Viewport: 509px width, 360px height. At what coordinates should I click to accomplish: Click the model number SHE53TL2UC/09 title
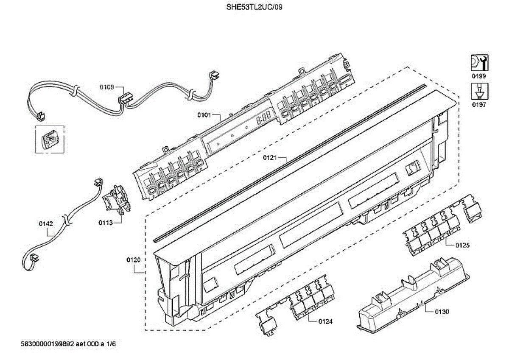pyautogui.click(x=254, y=7)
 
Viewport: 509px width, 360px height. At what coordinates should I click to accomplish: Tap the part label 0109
pyautogui.click(x=106, y=87)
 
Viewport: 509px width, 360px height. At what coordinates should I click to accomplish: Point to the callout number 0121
pyautogui.click(x=269, y=158)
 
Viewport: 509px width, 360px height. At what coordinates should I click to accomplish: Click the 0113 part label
pyautogui.click(x=106, y=222)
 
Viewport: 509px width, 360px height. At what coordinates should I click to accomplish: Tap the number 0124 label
pyautogui.click(x=325, y=321)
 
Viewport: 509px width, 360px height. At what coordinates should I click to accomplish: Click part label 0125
pyautogui.click(x=463, y=245)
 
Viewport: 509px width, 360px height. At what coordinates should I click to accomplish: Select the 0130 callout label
pyautogui.click(x=442, y=312)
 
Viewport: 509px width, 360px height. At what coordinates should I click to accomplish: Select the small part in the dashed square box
pyautogui.click(x=49, y=139)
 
